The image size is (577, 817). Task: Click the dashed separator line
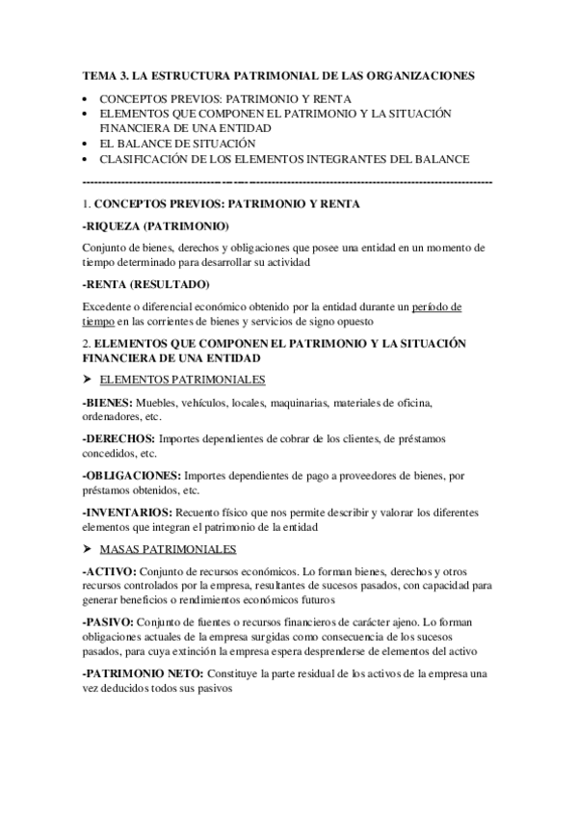coord(288,180)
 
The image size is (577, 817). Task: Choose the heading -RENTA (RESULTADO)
coord(146,284)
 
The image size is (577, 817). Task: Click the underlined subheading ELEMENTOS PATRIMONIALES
coord(183,379)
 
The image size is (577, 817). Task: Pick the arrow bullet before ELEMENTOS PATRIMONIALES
coord(89,379)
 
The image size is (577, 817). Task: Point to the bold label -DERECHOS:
coord(119,438)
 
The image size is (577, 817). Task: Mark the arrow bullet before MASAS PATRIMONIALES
coord(89,548)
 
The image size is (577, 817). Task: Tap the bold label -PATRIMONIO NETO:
coord(145,673)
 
